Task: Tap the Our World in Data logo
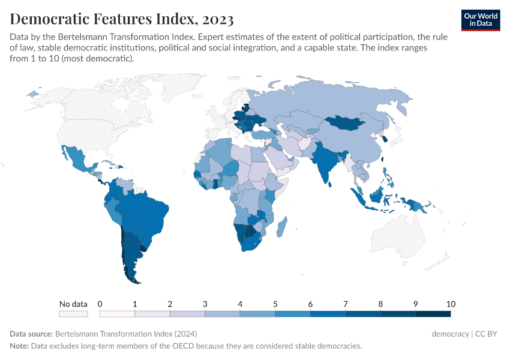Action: [481, 20]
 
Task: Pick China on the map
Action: [354, 144]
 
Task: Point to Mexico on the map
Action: [78, 159]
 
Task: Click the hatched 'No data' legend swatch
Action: [73, 313]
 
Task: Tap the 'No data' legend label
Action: [73, 304]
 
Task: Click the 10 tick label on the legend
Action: [451, 304]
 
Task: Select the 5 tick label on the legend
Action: [275, 304]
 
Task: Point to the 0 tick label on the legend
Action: [100, 304]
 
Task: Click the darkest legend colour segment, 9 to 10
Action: [433, 313]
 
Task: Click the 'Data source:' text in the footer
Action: [31, 334]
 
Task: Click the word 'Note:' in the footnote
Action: [19, 346]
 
